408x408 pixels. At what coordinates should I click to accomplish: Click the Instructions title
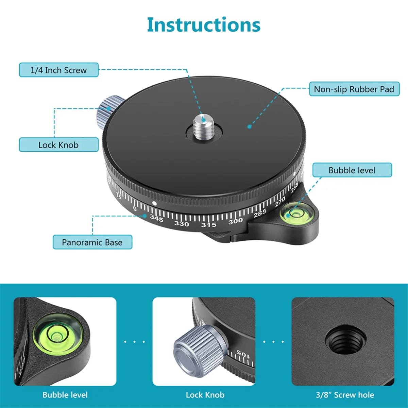(204, 25)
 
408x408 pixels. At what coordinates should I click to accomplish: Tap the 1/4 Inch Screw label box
(58, 70)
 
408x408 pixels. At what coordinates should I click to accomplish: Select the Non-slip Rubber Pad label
(354, 89)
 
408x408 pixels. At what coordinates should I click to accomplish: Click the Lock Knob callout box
(58, 145)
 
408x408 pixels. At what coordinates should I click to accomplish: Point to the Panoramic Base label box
(92, 242)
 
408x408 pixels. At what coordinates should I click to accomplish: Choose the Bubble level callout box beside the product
(352, 170)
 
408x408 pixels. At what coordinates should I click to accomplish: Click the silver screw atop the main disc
(203, 125)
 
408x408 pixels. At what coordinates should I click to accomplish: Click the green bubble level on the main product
(294, 214)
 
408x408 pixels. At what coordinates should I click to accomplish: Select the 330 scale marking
(182, 223)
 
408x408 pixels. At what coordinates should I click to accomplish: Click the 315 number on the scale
(208, 225)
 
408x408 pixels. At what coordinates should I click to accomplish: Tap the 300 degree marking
(235, 221)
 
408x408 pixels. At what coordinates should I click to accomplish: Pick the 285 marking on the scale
(260, 213)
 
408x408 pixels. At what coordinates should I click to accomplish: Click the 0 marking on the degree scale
(135, 208)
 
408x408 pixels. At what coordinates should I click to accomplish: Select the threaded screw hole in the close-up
(345, 340)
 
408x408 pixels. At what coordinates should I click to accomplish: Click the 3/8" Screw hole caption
(345, 395)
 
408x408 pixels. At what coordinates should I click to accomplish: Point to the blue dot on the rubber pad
(249, 126)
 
